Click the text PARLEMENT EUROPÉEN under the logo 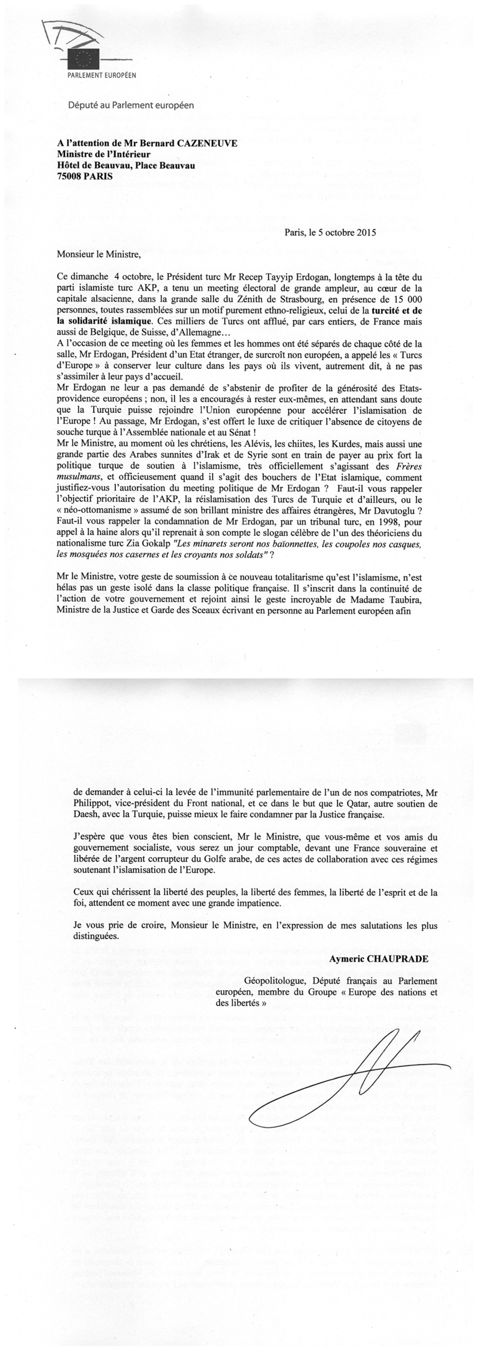coord(101,75)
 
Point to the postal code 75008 coord(69,178)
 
